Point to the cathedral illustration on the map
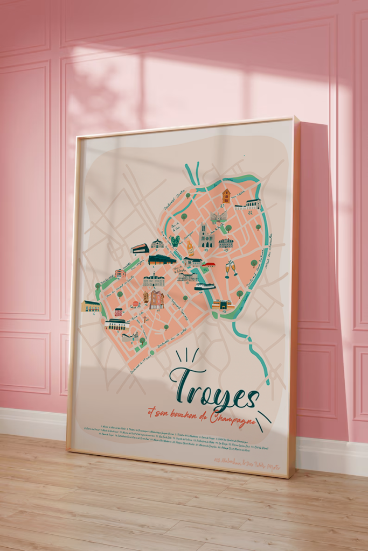tap(206, 236)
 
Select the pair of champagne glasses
tap(231, 267)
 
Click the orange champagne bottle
tap(190, 248)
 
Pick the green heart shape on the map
tap(175, 241)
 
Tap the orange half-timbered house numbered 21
tap(226, 195)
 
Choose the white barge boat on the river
tap(205, 287)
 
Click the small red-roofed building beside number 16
tap(209, 264)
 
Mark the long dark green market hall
tap(162, 260)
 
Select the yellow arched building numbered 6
tap(91, 306)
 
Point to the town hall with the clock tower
tap(154, 280)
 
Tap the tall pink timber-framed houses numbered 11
tap(156, 299)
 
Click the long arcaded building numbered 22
tap(248, 204)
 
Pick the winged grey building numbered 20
tap(219, 216)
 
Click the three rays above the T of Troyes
tap(187, 356)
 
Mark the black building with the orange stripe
tap(140, 248)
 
